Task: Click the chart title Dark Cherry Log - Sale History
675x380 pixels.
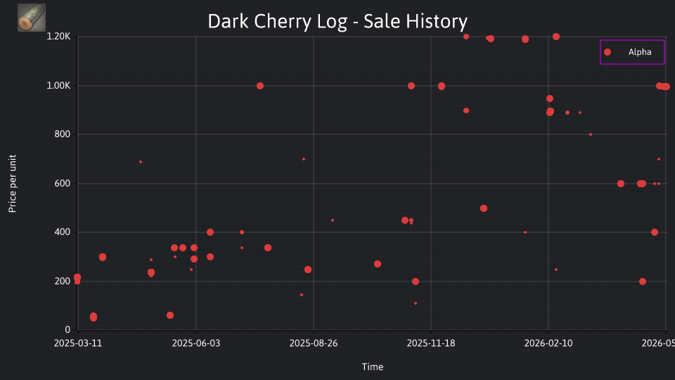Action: (x=337, y=21)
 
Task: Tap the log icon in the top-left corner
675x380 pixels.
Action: (x=32, y=18)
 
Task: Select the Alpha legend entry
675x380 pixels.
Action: (x=632, y=52)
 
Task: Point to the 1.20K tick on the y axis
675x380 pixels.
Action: (x=58, y=37)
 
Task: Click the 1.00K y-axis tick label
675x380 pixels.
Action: (x=58, y=86)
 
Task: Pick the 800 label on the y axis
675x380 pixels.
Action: (x=63, y=134)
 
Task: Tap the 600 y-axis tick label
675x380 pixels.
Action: (x=63, y=184)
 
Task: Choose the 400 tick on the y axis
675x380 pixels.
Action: (x=63, y=232)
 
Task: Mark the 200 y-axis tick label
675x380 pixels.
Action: (x=63, y=281)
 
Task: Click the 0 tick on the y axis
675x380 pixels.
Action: (x=67, y=330)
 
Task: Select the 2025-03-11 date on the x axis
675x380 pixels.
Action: (x=78, y=343)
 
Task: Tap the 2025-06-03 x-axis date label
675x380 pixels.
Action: (x=196, y=343)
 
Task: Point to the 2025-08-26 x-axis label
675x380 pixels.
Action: (x=314, y=343)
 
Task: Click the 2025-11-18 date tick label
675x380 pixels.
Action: (x=431, y=343)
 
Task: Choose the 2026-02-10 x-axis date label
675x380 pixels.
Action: (x=548, y=343)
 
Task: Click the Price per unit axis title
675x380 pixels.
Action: (x=13, y=184)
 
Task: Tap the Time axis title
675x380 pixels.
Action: (x=373, y=367)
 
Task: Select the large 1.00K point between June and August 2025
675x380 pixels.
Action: (x=260, y=86)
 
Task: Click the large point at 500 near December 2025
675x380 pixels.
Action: (x=484, y=208)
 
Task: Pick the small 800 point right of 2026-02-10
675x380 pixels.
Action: (x=591, y=135)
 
